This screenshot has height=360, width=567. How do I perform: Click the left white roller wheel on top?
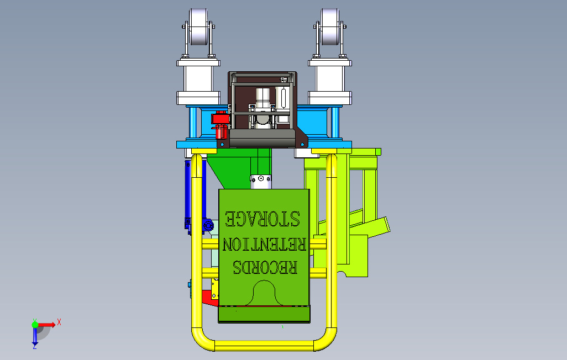(198, 27)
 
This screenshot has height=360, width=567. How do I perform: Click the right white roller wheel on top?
(330, 27)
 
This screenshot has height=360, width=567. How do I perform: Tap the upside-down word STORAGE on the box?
(262, 219)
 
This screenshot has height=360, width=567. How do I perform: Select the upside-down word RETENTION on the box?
(264, 245)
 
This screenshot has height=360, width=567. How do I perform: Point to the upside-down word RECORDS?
(265, 267)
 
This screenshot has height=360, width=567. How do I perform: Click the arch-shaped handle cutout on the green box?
(264, 293)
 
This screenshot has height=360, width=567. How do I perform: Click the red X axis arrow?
(47, 325)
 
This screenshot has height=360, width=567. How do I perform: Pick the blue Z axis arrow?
(35, 336)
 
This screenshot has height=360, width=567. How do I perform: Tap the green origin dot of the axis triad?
(35, 325)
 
